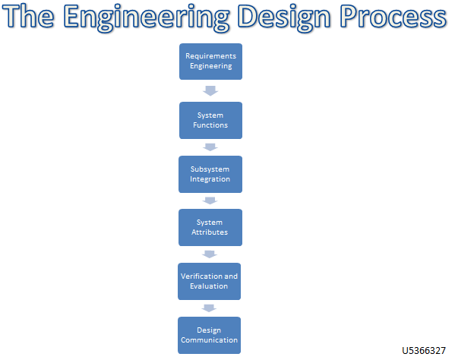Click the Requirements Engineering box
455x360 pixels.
(x=210, y=62)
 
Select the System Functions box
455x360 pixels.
(x=210, y=120)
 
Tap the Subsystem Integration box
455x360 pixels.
(x=210, y=174)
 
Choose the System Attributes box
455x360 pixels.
(x=210, y=227)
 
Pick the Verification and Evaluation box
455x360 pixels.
(x=210, y=281)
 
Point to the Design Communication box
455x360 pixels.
(x=210, y=335)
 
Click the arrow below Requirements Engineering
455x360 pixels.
(x=210, y=91)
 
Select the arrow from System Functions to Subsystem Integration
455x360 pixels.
(x=210, y=147)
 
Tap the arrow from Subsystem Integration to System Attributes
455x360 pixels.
(x=210, y=201)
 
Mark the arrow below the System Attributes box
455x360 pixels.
(x=210, y=254)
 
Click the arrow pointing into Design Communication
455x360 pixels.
(x=210, y=308)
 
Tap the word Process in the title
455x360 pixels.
(x=396, y=18)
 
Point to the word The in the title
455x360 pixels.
(x=33, y=18)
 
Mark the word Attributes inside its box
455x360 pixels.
(x=210, y=232)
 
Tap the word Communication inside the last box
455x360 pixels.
(x=210, y=340)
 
